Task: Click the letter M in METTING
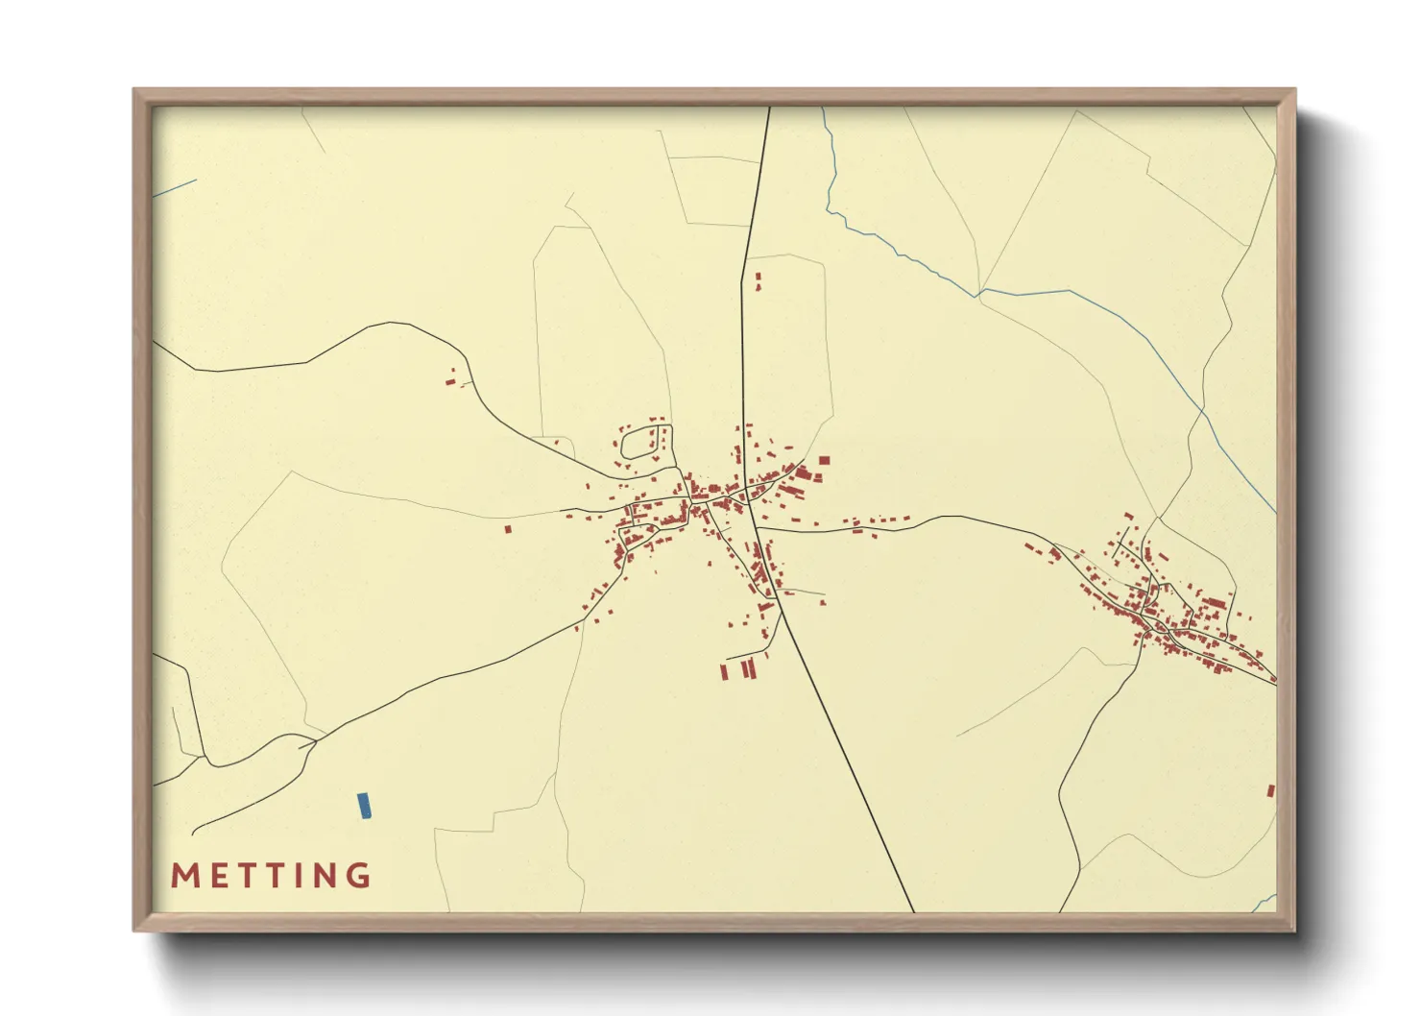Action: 184,876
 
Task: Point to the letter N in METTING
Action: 326,876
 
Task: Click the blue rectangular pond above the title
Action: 364,806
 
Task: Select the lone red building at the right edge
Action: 1271,791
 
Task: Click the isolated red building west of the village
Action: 508,528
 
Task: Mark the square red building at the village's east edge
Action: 824,462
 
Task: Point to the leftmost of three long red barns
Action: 724,672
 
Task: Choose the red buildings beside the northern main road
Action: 758,280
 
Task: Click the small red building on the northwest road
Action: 449,381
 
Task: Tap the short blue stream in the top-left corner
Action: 174,188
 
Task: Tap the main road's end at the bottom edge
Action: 912,909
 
